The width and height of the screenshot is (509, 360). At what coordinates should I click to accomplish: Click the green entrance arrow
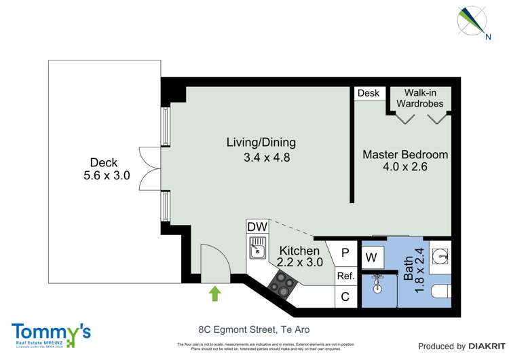(x=215, y=293)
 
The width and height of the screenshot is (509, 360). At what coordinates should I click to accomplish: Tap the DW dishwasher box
(x=257, y=227)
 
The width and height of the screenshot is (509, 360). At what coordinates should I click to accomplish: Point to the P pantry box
(x=345, y=253)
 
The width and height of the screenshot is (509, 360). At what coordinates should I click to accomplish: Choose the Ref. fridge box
(x=345, y=276)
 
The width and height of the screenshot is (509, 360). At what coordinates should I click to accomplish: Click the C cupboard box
(x=345, y=296)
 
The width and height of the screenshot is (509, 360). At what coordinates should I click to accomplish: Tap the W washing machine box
(x=372, y=257)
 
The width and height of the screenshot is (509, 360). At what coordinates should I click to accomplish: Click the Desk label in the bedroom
(x=369, y=93)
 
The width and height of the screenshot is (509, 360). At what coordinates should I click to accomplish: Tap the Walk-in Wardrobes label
(x=423, y=98)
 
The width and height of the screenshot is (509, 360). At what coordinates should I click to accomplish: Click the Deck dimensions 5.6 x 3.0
(x=104, y=175)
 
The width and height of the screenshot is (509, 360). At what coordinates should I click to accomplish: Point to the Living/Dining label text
(x=261, y=143)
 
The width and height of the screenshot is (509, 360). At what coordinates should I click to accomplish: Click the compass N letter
(x=487, y=37)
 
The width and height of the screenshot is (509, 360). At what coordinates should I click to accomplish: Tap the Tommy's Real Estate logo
(x=51, y=335)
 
